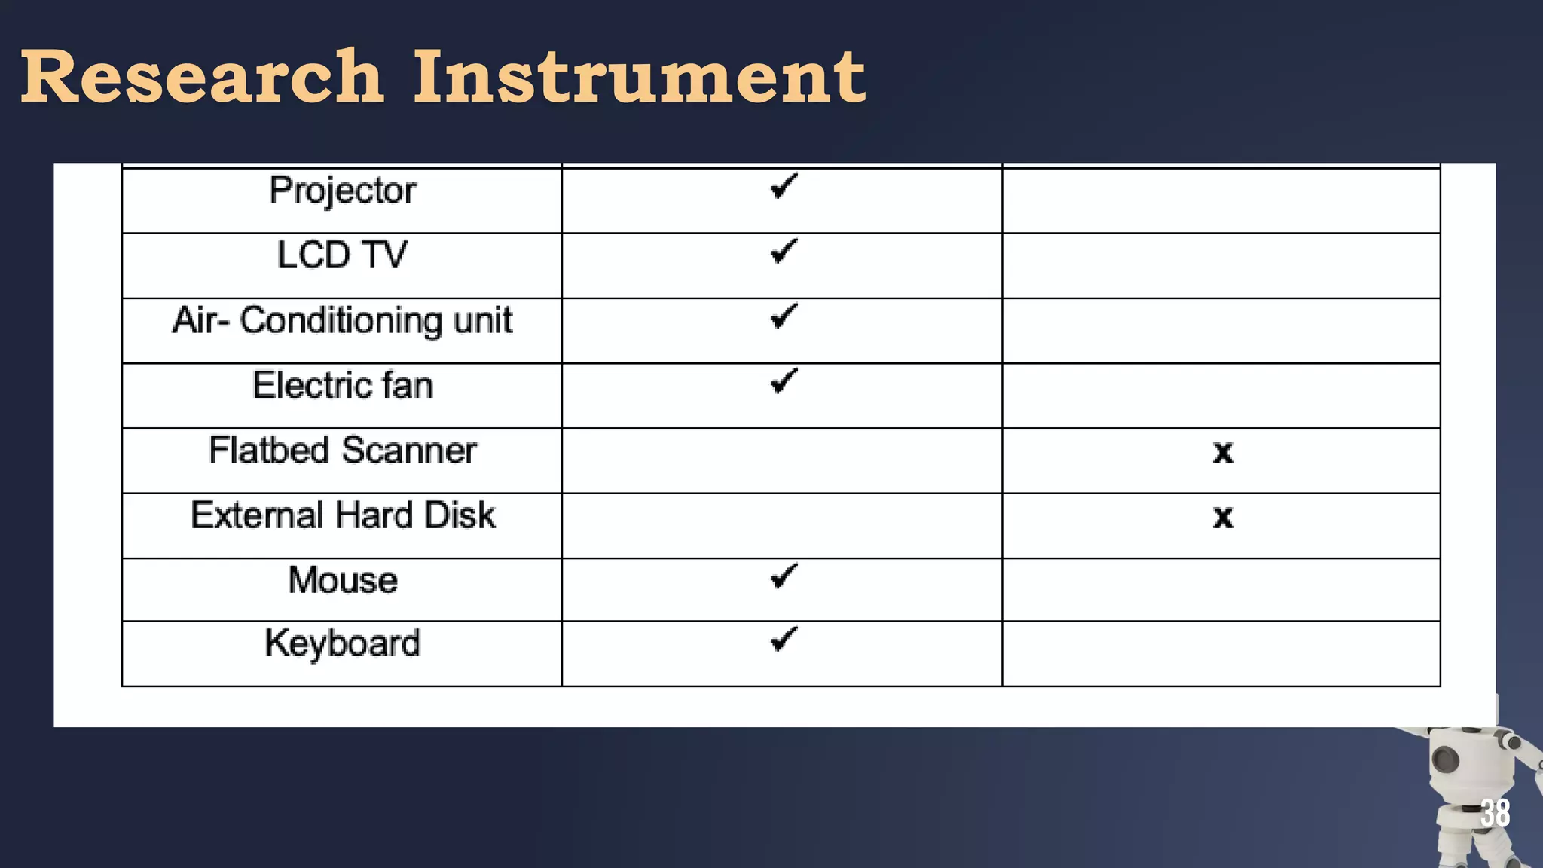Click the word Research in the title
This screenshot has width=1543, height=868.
coord(202,77)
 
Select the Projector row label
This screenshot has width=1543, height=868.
coord(342,191)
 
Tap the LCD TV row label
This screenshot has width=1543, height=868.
coord(342,255)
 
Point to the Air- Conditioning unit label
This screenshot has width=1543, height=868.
coord(342,321)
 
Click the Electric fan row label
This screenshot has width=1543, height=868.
coord(342,385)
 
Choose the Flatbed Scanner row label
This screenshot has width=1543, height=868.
coord(342,451)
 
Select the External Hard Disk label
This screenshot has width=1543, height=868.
coord(342,515)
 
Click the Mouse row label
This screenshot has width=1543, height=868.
coord(342,580)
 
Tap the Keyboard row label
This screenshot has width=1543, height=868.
coord(342,643)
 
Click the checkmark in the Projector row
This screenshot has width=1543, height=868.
coord(784,186)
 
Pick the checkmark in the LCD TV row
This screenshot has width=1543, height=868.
coord(784,251)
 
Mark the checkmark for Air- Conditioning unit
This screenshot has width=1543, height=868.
coord(784,316)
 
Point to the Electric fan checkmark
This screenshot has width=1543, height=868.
coord(784,381)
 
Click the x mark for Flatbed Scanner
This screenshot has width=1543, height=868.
coord(1223,452)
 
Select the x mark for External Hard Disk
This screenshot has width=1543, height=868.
coord(1223,517)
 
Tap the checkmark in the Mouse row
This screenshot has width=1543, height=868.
coord(784,576)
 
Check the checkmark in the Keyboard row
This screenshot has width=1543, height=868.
coord(784,640)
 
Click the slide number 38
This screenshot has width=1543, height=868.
coord(1495,813)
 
